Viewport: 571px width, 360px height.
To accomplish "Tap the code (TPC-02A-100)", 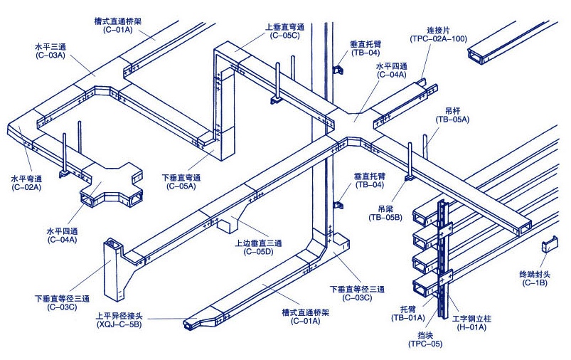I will click(x=439, y=38).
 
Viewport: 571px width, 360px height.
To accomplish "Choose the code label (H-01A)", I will click(x=471, y=328).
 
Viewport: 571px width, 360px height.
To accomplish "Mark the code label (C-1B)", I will click(x=535, y=282).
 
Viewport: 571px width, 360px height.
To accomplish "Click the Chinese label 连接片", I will click(x=439, y=30).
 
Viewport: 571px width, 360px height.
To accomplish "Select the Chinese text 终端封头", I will click(x=535, y=273).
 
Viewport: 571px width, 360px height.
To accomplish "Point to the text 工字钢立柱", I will click(x=472, y=319).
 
